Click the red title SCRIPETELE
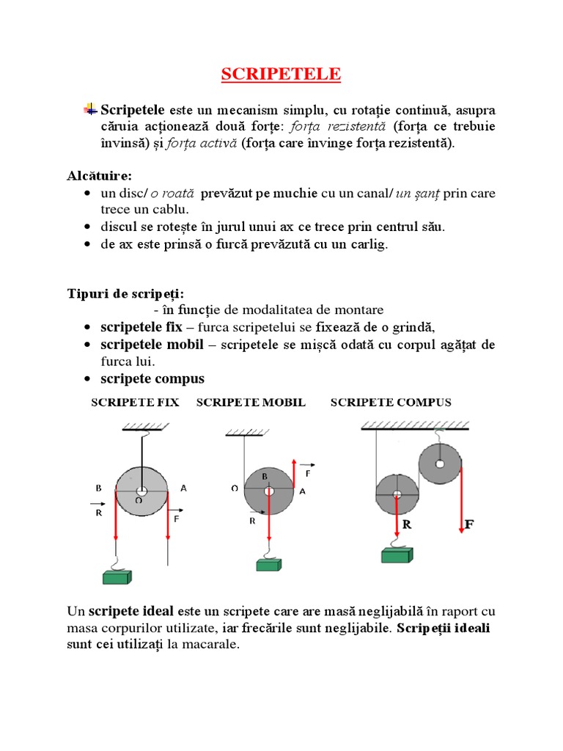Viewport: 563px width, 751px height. coord(281,75)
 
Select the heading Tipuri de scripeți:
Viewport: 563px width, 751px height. coord(125,294)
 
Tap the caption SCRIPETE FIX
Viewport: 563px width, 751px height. coord(135,403)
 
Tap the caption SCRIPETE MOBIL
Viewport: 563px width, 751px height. coord(251,403)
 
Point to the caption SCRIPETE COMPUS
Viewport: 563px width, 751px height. coord(391,403)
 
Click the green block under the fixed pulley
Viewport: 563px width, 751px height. coord(117,576)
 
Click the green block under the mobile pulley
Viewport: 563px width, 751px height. coord(270,564)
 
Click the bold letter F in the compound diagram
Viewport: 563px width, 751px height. coord(468,525)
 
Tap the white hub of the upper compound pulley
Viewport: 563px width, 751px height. coord(440,464)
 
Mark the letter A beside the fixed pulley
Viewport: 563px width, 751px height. coord(183,487)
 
